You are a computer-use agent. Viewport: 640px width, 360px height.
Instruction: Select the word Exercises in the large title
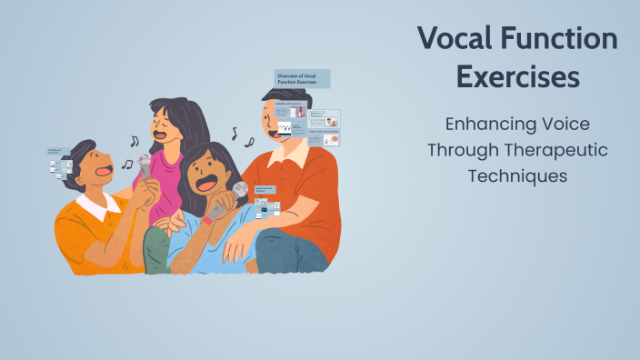[517, 77]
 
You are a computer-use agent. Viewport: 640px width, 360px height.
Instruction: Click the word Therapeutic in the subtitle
[557, 150]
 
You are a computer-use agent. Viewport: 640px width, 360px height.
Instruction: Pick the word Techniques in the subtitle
[517, 175]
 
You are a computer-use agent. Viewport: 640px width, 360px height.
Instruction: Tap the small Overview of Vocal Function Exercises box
[302, 78]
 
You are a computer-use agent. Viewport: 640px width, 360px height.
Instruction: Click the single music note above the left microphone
[135, 141]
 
